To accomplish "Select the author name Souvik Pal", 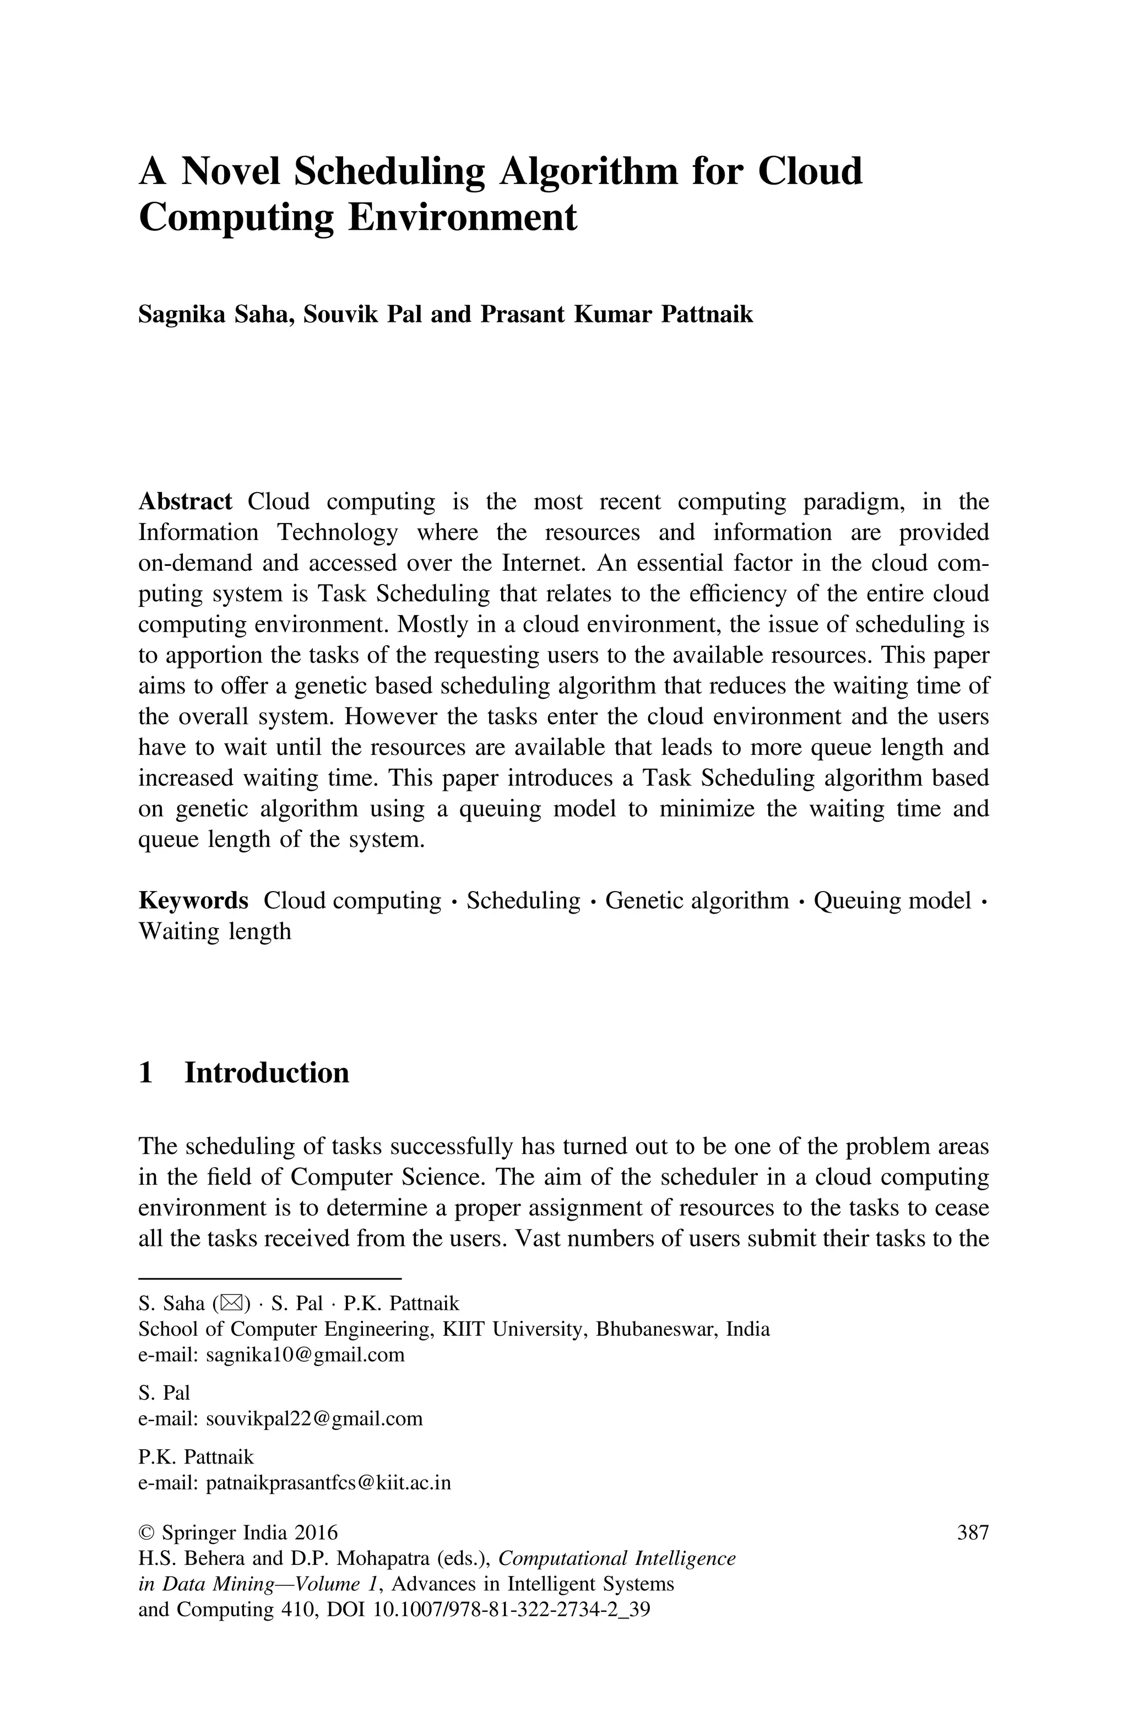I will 362,315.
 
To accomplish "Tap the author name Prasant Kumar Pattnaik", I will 616,315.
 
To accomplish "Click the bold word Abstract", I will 185,501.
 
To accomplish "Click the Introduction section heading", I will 266,1073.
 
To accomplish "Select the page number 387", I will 973,1533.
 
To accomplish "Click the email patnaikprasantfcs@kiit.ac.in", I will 328,1483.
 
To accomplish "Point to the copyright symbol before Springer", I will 146,1533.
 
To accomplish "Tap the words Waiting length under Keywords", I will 214,931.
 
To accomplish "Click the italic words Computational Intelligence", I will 616,1558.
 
